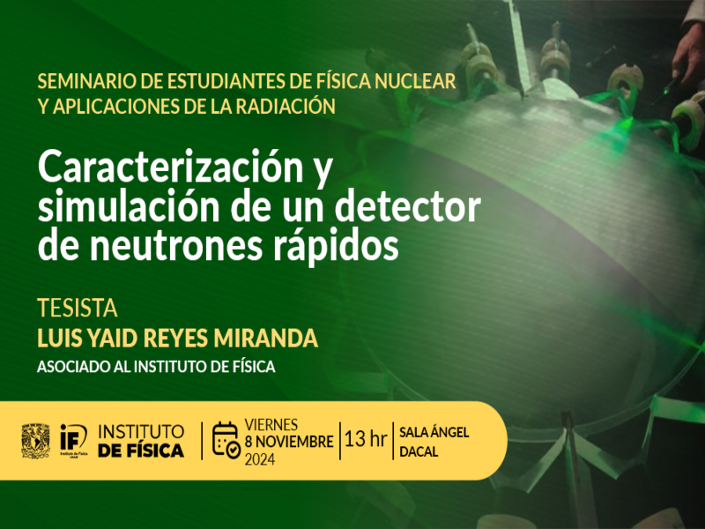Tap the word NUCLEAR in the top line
(415, 81)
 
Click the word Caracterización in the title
(171, 167)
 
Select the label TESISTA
(78, 309)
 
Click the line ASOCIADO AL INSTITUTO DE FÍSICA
(156, 367)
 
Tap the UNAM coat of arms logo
(35, 440)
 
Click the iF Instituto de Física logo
(74, 440)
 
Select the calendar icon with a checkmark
(226, 440)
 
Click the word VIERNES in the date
(271, 425)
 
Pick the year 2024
(260, 459)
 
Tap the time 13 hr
(366, 439)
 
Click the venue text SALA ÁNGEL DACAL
(434, 442)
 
